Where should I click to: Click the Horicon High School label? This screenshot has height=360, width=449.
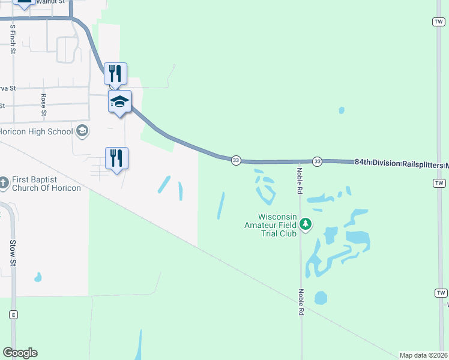tap(36, 131)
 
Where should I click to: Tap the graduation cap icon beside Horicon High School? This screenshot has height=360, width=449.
tap(82, 131)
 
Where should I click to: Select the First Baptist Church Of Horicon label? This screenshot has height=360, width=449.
tap(46, 184)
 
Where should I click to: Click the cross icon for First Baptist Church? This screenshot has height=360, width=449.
tap(4, 182)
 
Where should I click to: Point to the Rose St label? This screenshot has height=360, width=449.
tap(43, 104)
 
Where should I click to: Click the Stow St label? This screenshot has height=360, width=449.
tap(12, 253)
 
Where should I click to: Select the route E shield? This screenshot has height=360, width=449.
tap(13, 314)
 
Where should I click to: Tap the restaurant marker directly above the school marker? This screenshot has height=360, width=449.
tap(115, 74)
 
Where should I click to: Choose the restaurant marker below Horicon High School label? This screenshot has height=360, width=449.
tap(116, 158)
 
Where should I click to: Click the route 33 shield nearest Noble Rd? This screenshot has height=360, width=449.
tap(317, 161)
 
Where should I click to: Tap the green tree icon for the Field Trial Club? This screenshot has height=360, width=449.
tap(306, 224)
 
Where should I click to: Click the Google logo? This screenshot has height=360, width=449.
tap(20, 353)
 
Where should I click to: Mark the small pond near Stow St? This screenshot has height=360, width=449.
tap(38, 277)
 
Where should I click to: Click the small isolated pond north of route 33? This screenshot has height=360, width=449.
tap(342, 110)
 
